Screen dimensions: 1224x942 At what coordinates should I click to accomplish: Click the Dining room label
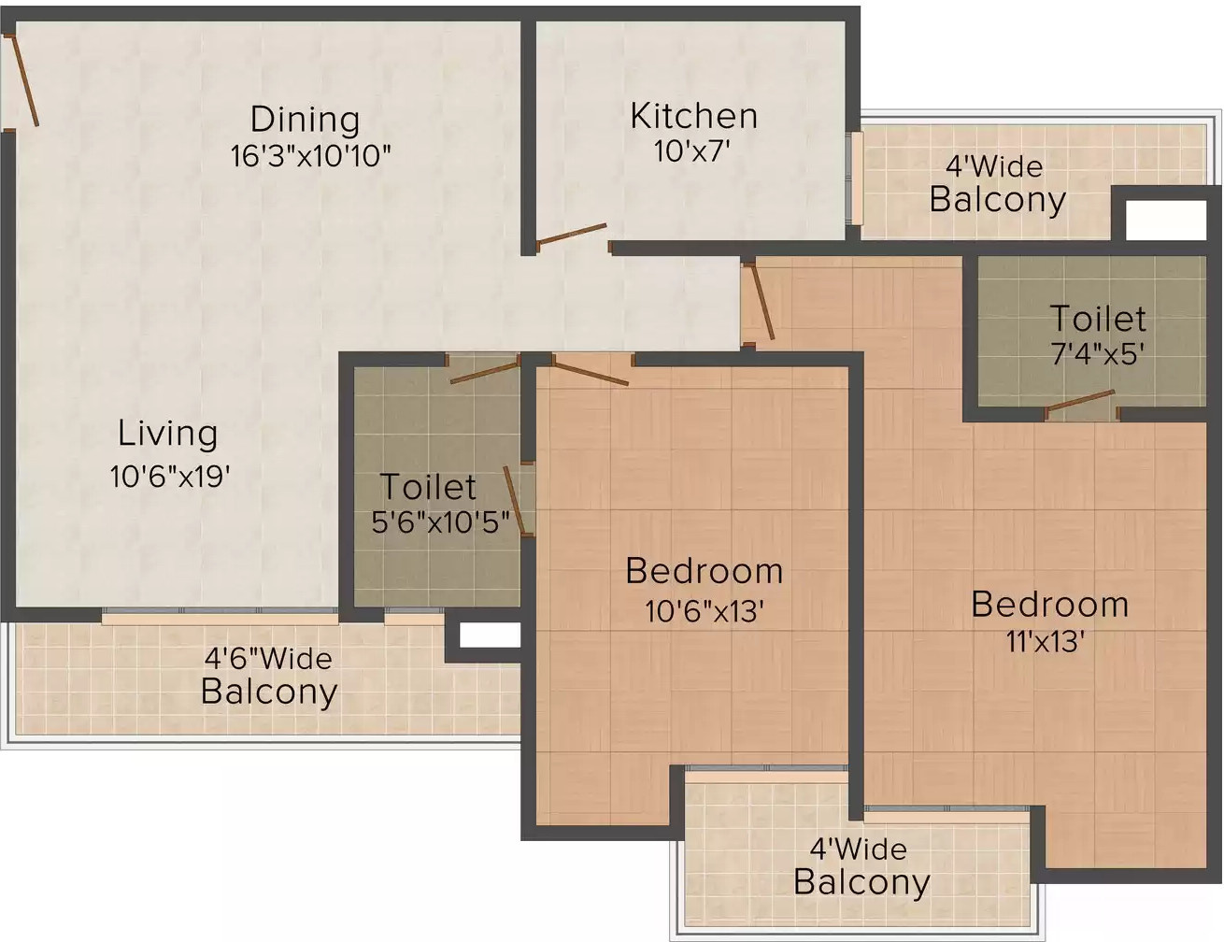(x=305, y=120)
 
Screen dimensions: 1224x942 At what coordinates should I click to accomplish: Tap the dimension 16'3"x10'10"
(x=310, y=156)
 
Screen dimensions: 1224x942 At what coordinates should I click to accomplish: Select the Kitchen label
(x=693, y=116)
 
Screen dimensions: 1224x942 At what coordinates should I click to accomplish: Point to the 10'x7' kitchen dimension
(x=691, y=151)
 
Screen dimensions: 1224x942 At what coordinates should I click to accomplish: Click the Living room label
(x=168, y=434)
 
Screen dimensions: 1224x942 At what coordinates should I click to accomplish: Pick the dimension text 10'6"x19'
(x=170, y=477)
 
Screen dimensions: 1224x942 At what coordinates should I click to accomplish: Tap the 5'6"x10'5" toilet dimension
(x=440, y=522)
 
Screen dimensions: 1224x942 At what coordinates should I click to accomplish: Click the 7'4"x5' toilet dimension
(x=1098, y=354)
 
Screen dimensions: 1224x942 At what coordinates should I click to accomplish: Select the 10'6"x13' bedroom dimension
(x=705, y=611)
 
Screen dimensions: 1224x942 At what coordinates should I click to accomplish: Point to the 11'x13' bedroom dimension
(x=1046, y=642)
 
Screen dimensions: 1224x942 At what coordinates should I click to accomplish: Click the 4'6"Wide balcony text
(x=268, y=659)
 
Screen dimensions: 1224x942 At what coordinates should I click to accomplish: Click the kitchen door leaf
(x=572, y=235)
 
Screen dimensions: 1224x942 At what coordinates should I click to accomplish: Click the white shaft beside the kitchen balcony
(x=1165, y=221)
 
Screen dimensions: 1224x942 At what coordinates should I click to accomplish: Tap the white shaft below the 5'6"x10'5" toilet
(x=489, y=635)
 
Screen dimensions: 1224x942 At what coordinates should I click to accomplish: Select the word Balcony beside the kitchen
(x=997, y=199)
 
